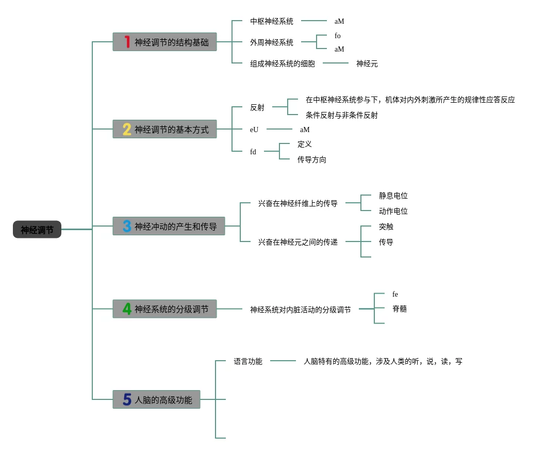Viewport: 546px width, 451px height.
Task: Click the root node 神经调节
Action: tap(37, 229)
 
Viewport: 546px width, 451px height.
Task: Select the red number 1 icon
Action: tap(127, 42)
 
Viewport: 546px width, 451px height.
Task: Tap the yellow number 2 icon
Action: tap(127, 130)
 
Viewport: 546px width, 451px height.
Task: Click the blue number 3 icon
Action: tap(127, 226)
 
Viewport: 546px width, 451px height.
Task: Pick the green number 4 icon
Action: tap(127, 309)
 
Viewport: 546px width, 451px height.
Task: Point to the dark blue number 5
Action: tap(127, 399)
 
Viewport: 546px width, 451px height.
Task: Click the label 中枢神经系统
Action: tap(272, 21)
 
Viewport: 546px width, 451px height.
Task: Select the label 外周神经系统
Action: tap(272, 42)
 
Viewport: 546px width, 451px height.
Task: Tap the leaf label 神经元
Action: tap(367, 64)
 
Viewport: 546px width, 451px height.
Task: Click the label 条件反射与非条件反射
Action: tap(342, 116)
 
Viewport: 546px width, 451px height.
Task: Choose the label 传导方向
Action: tap(311, 159)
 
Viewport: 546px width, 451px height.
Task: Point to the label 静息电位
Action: tap(393, 196)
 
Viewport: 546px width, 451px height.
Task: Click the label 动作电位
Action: tap(393, 211)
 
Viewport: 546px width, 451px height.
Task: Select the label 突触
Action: tap(386, 227)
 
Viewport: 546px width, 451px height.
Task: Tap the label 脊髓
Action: tap(400, 309)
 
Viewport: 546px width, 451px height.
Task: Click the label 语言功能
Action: tap(248, 361)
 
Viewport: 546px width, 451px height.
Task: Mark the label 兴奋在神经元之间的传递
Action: tap(297, 242)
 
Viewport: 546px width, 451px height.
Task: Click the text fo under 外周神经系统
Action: tap(337, 36)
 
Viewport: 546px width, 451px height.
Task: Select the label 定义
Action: tap(304, 144)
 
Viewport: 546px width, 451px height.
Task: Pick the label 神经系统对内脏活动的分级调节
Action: tap(300, 310)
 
